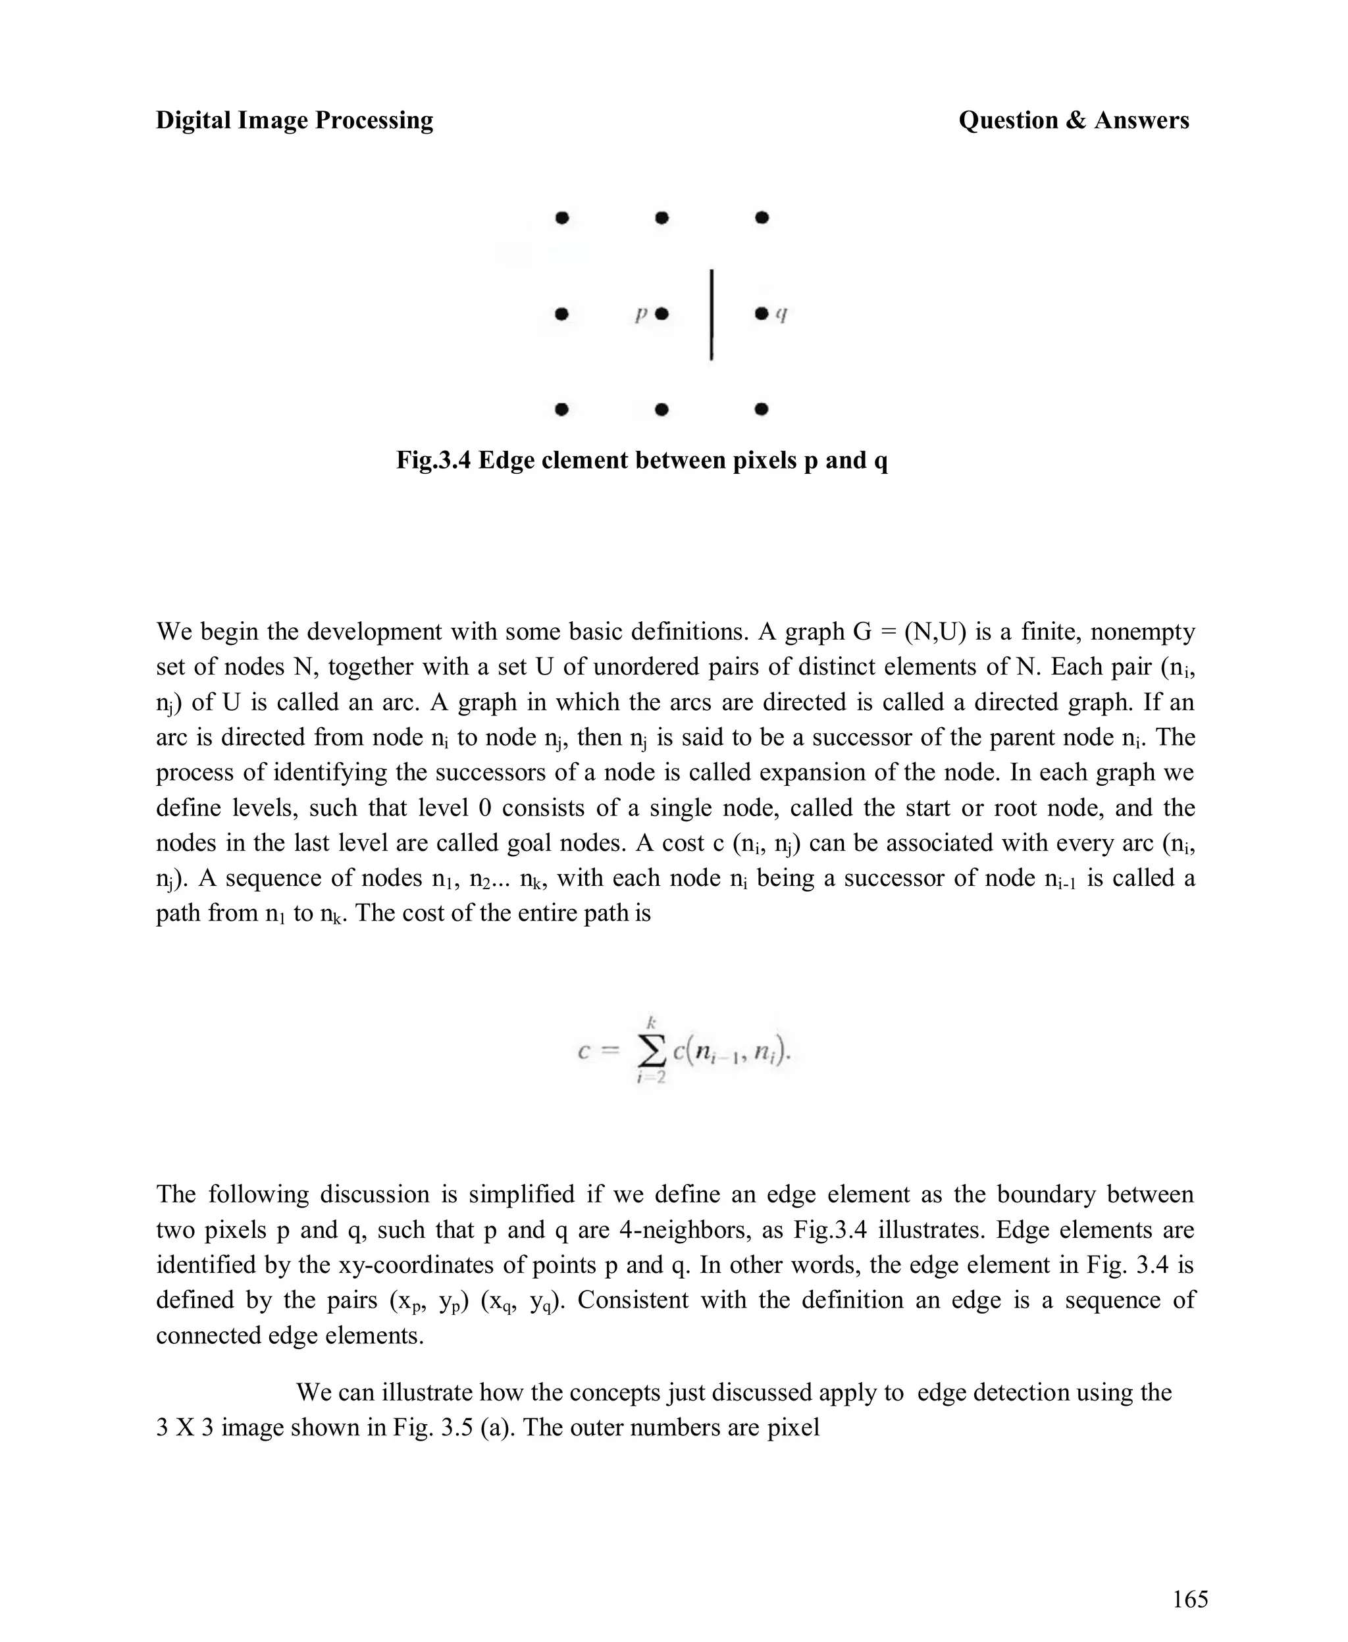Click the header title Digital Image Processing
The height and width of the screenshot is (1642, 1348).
coord(294,120)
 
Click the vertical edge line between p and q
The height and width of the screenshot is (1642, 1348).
coord(712,315)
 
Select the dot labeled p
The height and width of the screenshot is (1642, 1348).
coord(661,315)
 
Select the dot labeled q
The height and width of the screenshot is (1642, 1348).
coord(762,314)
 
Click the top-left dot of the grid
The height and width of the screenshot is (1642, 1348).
coord(562,218)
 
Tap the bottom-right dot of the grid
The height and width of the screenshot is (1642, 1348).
coord(762,409)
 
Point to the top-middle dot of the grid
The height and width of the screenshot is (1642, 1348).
coord(661,218)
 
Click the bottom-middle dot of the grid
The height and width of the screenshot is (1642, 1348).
coord(661,409)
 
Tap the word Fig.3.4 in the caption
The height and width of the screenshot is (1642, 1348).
coord(433,461)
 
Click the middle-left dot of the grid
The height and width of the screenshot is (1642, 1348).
coord(562,315)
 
